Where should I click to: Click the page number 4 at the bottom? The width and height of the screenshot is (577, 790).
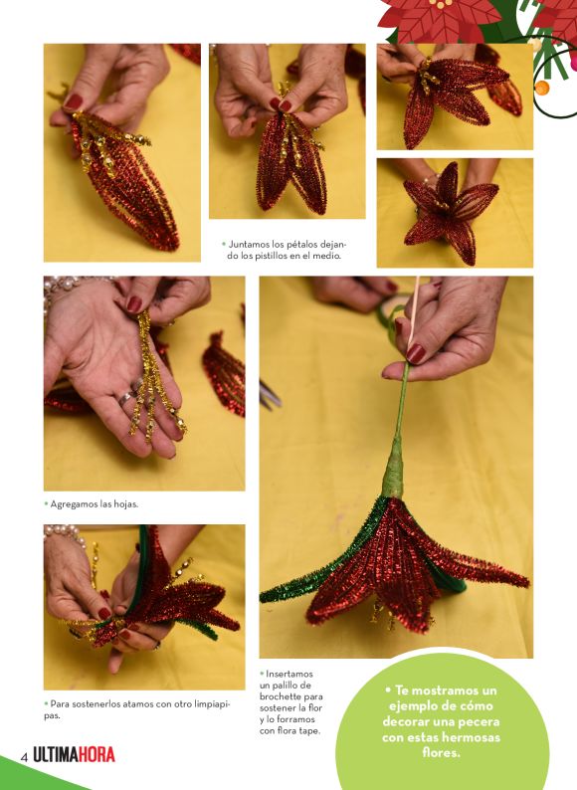coord(23,758)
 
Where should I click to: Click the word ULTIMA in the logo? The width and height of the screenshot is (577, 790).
coord(55,755)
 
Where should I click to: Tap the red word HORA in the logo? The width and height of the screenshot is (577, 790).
coord(96,755)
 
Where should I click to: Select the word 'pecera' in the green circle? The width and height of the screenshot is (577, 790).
coord(475,721)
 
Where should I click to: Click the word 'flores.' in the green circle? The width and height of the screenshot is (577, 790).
coord(441,753)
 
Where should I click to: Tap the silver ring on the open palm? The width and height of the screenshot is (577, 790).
coord(125,398)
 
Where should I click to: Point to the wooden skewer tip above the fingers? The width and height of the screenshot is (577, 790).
coord(418,279)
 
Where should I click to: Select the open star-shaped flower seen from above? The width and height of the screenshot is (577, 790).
coord(450,213)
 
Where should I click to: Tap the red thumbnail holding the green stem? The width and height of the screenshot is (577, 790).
coord(416,353)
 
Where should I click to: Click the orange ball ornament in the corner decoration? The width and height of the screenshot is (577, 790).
coord(542,88)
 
